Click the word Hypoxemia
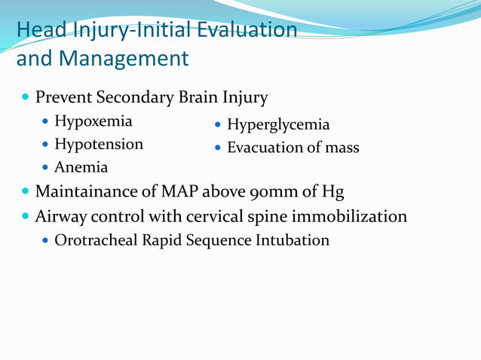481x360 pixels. coord(93,122)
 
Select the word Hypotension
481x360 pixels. coord(98,145)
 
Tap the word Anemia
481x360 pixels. coord(81,167)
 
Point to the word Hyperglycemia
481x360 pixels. coord(278,125)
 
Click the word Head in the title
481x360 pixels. coord(37,30)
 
